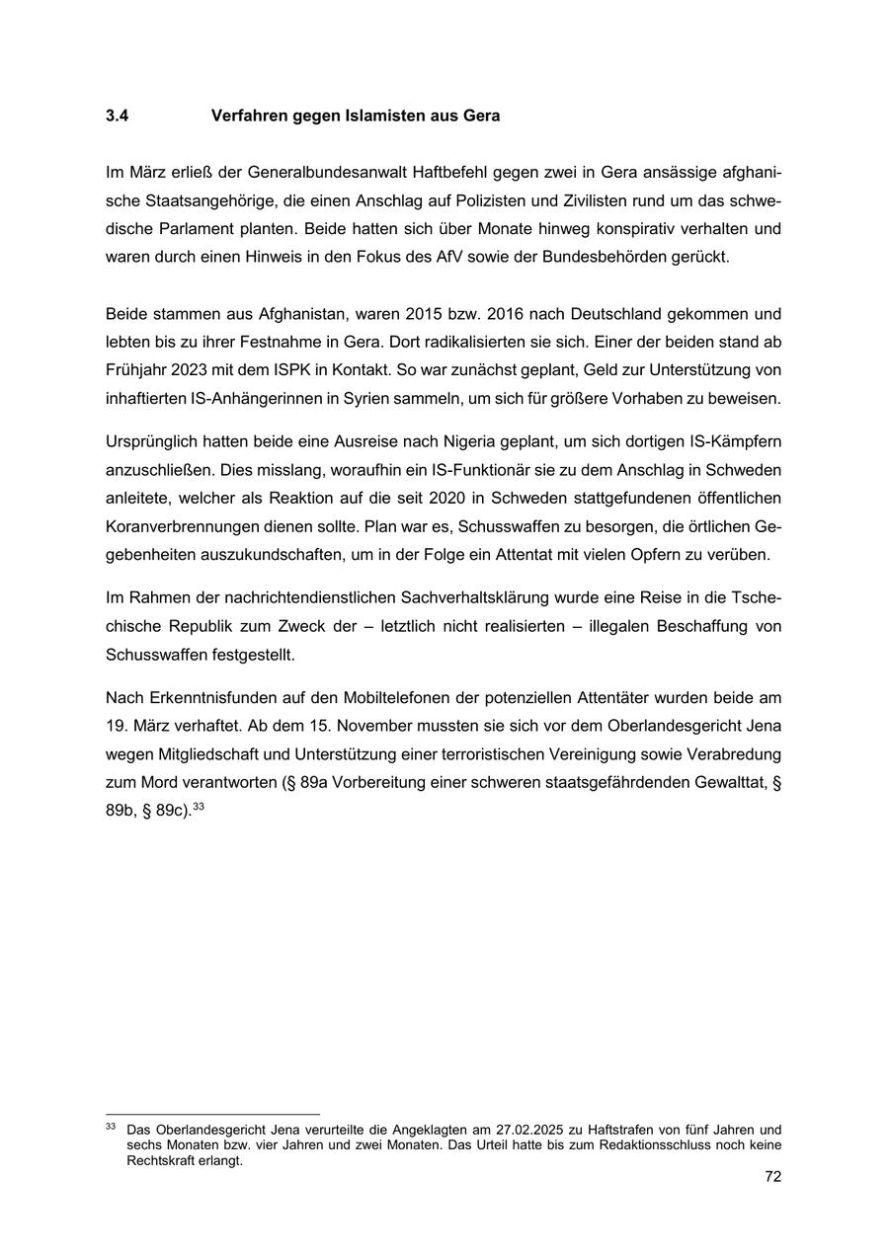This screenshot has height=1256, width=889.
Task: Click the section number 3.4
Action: [x=117, y=116]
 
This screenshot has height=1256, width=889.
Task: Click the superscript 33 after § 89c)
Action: [x=199, y=807]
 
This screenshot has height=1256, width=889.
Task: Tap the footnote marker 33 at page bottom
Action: [x=111, y=1126]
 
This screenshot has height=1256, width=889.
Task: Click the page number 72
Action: [x=772, y=1177]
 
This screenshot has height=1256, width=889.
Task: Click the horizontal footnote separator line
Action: [x=212, y=1115]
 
